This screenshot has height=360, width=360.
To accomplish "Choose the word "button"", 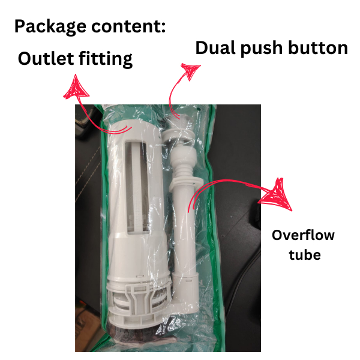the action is pyautogui.click(x=321, y=48).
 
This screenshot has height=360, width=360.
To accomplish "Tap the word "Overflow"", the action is pyautogui.click(x=303, y=235).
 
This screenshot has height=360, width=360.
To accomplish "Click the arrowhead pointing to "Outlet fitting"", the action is pyautogui.click(x=76, y=88).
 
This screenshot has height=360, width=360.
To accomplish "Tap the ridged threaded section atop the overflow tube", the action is pyautogui.click(x=179, y=165).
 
